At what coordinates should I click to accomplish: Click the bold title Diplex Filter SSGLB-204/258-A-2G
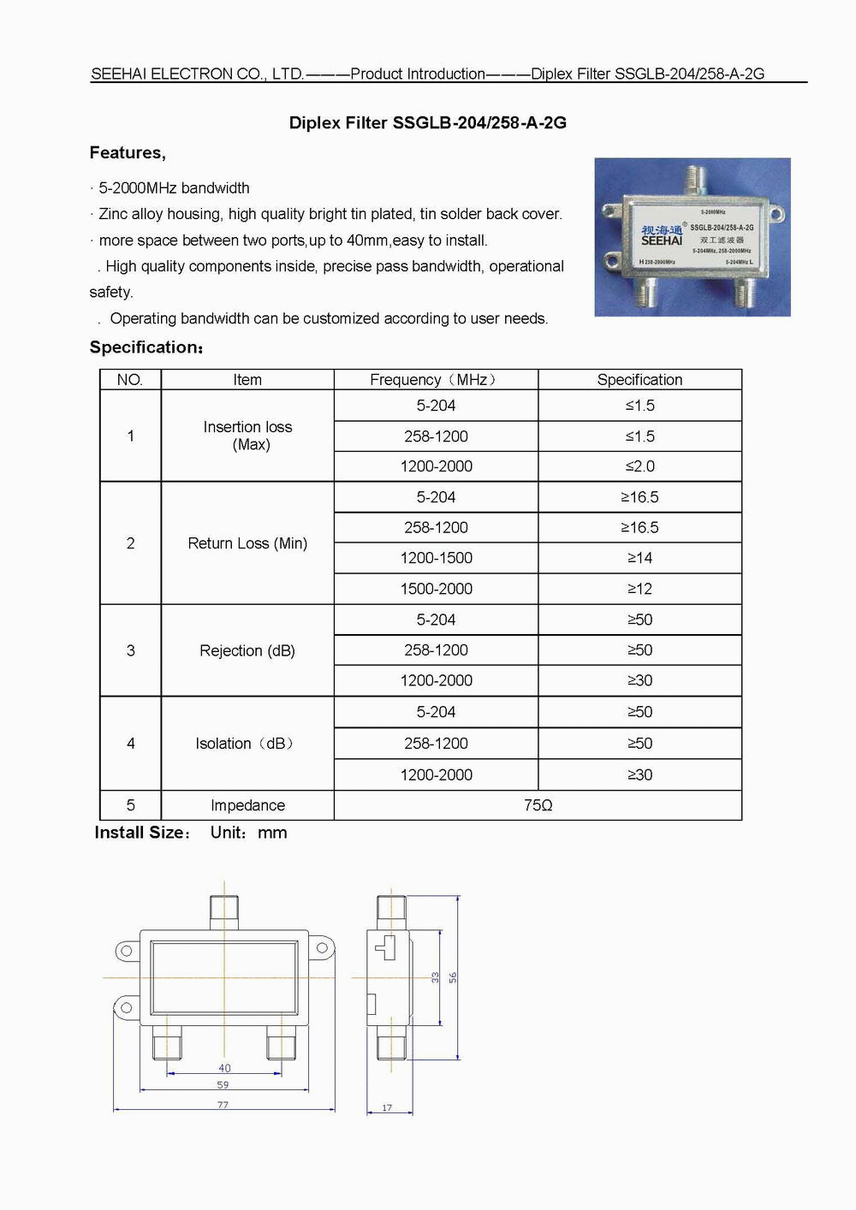click(427, 122)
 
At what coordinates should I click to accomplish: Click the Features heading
click(128, 152)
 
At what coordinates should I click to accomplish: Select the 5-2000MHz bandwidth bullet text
click(174, 188)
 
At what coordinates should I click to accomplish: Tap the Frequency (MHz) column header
click(435, 380)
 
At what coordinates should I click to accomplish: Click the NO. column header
click(130, 380)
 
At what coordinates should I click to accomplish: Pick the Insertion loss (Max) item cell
click(247, 436)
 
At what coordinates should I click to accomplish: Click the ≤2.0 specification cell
click(639, 466)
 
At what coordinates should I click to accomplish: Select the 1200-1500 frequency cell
click(436, 558)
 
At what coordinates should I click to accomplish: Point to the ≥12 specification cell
click(639, 589)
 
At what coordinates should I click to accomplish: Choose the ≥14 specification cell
click(639, 558)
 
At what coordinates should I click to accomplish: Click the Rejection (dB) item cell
click(247, 650)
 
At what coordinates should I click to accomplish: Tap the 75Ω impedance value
click(538, 805)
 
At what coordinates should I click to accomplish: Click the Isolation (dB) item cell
click(246, 744)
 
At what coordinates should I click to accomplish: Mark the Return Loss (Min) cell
click(247, 543)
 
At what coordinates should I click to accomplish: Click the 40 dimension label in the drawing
click(224, 1068)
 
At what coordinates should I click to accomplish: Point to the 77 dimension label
click(223, 1105)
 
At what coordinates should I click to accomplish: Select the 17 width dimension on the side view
click(387, 1108)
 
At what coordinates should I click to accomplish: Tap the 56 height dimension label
click(453, 977)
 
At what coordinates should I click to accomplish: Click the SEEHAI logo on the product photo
click(662, 240)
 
